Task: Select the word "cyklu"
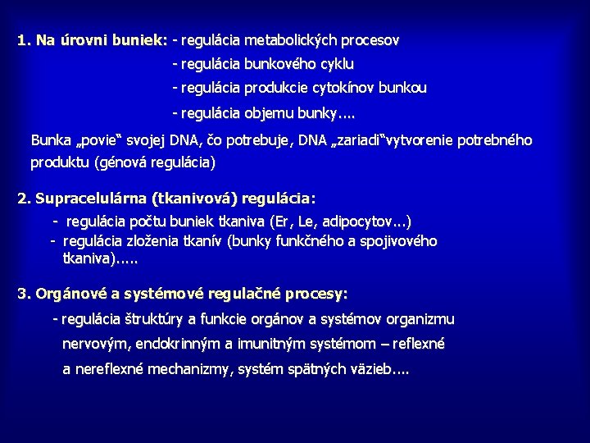[336, 64]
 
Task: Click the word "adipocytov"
[358, 221]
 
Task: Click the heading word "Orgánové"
[71, 294]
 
